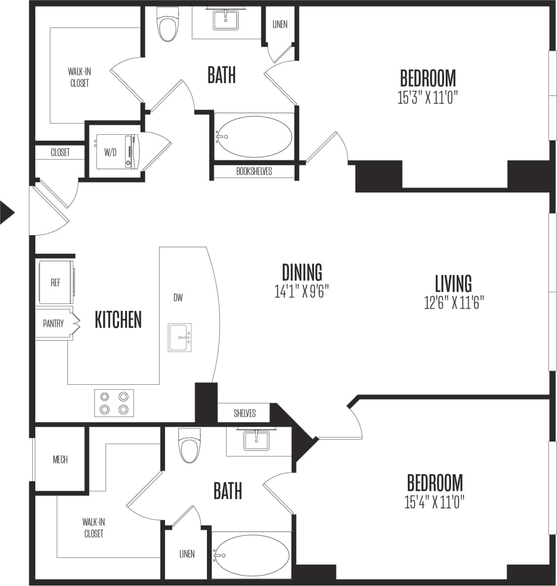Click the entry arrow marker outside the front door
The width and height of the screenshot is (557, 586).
[x=7, y=213]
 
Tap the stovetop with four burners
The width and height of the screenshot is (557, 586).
[x=114, y=403]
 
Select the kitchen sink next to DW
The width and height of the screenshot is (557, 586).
[x=179, y=337]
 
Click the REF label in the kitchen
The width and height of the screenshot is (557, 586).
[x=55, y=283]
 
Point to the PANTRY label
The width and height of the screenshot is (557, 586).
[x=53, y=323]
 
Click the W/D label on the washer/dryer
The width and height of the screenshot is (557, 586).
[x=110, y=152]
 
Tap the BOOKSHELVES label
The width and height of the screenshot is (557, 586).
[x=254, y=171]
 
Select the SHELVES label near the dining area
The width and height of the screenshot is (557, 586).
[x=245, y=413]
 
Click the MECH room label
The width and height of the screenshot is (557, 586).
[x=60, y=460]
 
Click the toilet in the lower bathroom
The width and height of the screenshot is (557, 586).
[x=190, y=447]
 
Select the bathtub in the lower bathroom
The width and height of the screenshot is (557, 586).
[x=252, y=555]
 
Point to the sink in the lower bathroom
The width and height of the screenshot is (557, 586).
[x=256, y=440]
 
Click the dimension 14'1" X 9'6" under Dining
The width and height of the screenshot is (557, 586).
[x=302, y=291]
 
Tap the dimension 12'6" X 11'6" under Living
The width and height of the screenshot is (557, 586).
[x=454, y=303]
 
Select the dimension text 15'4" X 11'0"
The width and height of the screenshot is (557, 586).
[x=434, y=502]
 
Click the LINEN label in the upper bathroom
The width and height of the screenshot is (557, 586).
[x=280, y=24]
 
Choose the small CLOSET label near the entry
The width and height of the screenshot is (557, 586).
[x=60, y=152]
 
